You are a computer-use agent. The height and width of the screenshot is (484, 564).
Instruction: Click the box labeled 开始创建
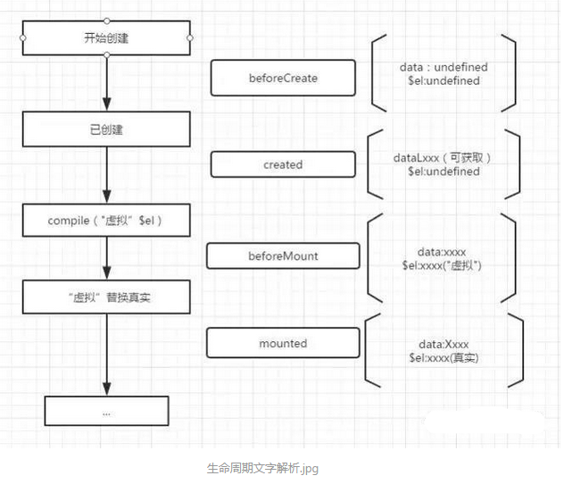point(106,38)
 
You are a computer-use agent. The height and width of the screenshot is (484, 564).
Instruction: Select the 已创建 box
point(106,129)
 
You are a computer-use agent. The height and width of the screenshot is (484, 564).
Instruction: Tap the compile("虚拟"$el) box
point(106,220)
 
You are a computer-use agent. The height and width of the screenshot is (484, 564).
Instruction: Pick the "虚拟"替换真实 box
point(106,296)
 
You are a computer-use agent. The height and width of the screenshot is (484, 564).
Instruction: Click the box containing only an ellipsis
point(106,412)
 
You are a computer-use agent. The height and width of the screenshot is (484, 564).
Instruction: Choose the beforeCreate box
point(283,79)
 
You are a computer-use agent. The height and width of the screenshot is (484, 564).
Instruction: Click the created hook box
point(283,164)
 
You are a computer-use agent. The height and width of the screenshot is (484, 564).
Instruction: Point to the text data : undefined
point(444,67)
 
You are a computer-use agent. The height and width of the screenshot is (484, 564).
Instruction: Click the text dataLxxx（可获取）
point(444,157)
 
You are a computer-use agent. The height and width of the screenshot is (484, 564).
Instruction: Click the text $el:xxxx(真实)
point(443,357)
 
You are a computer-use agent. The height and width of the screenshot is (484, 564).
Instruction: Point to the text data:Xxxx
point(443,344)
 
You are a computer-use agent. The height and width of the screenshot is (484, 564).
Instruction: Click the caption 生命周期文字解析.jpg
point(261,467)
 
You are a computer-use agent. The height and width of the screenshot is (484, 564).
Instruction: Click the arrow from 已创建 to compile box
point(106,174)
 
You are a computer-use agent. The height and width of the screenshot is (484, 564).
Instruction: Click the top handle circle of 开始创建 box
point(106,18)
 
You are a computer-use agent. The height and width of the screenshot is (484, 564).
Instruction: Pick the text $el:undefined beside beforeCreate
point(444,80)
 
